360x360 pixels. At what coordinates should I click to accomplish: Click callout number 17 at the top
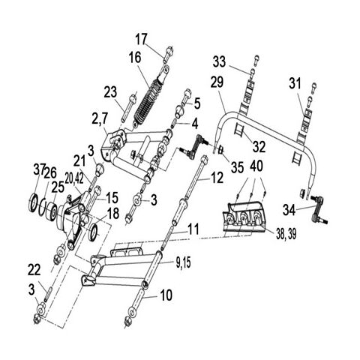pos(142,39)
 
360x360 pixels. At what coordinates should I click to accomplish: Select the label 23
pos(110,92)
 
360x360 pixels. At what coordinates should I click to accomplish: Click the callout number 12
pos(217,178)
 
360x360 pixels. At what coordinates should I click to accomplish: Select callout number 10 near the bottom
pos(166,295)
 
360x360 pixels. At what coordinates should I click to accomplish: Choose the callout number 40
pos(256,165)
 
